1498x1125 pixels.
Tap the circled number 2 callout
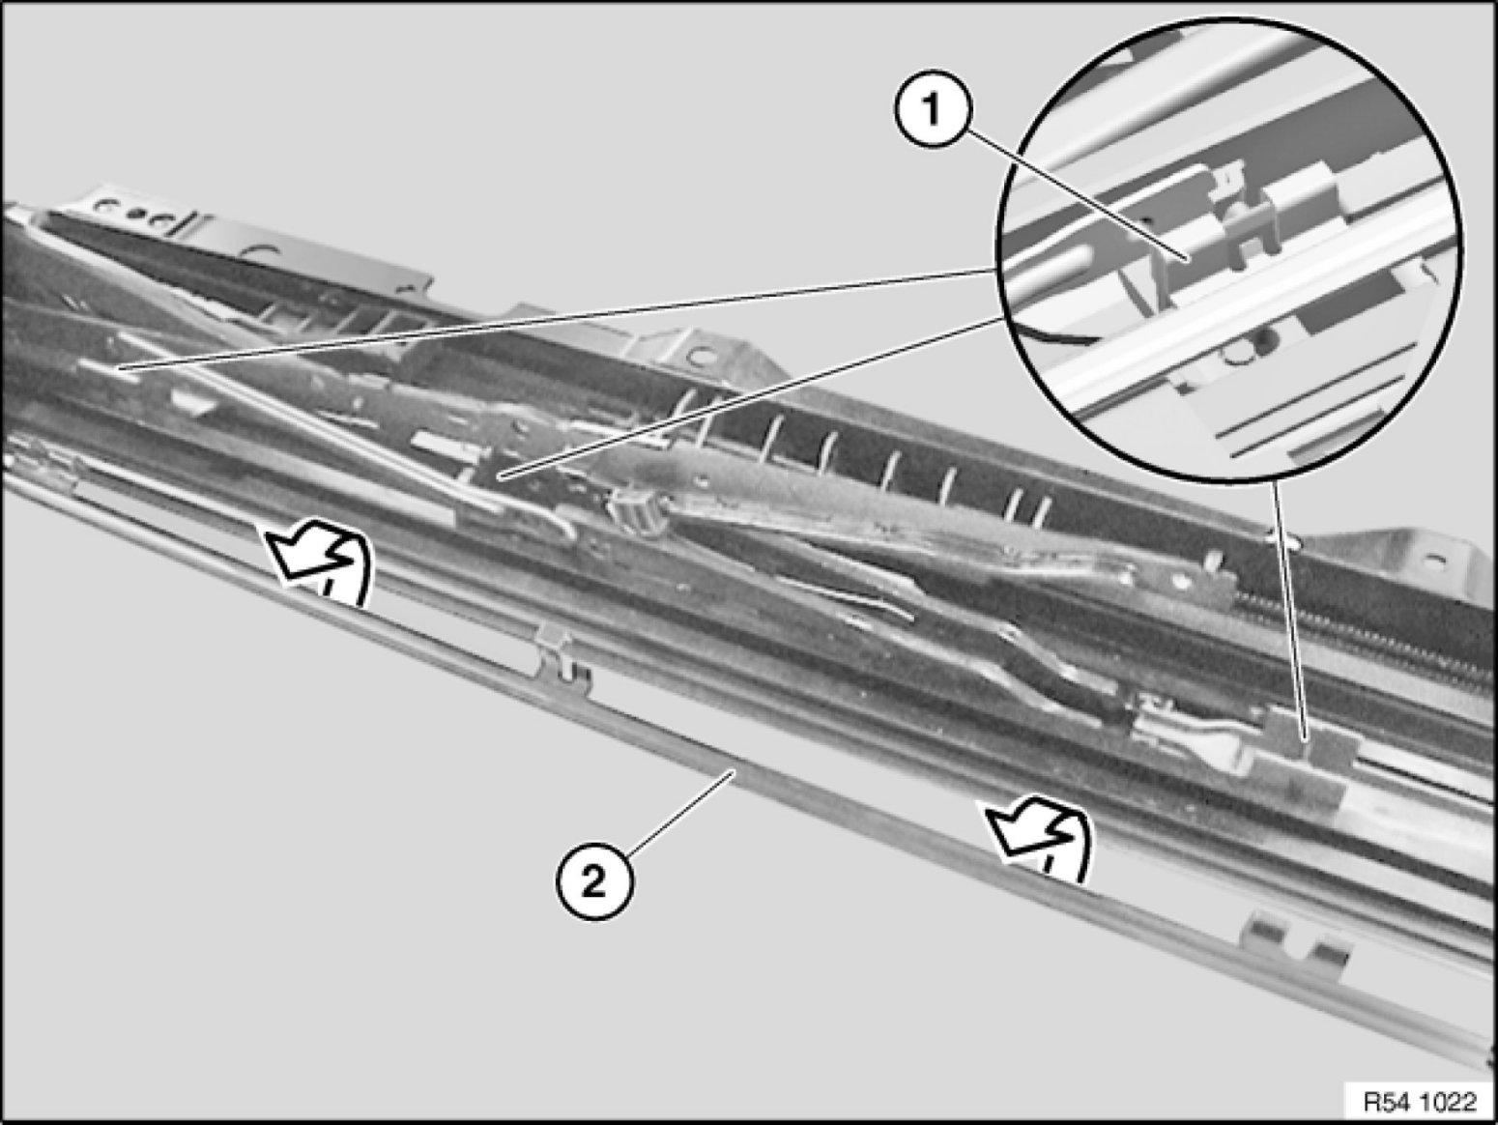pyautogui.click(x=593, y=882)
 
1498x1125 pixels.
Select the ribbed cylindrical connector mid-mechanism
pyautogui.click(x=637, y=512)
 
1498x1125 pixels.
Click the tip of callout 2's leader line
pyautogui.click(x=735, y=771)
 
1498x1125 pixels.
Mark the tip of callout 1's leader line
pyautogui.click(x=1188, y=260)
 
